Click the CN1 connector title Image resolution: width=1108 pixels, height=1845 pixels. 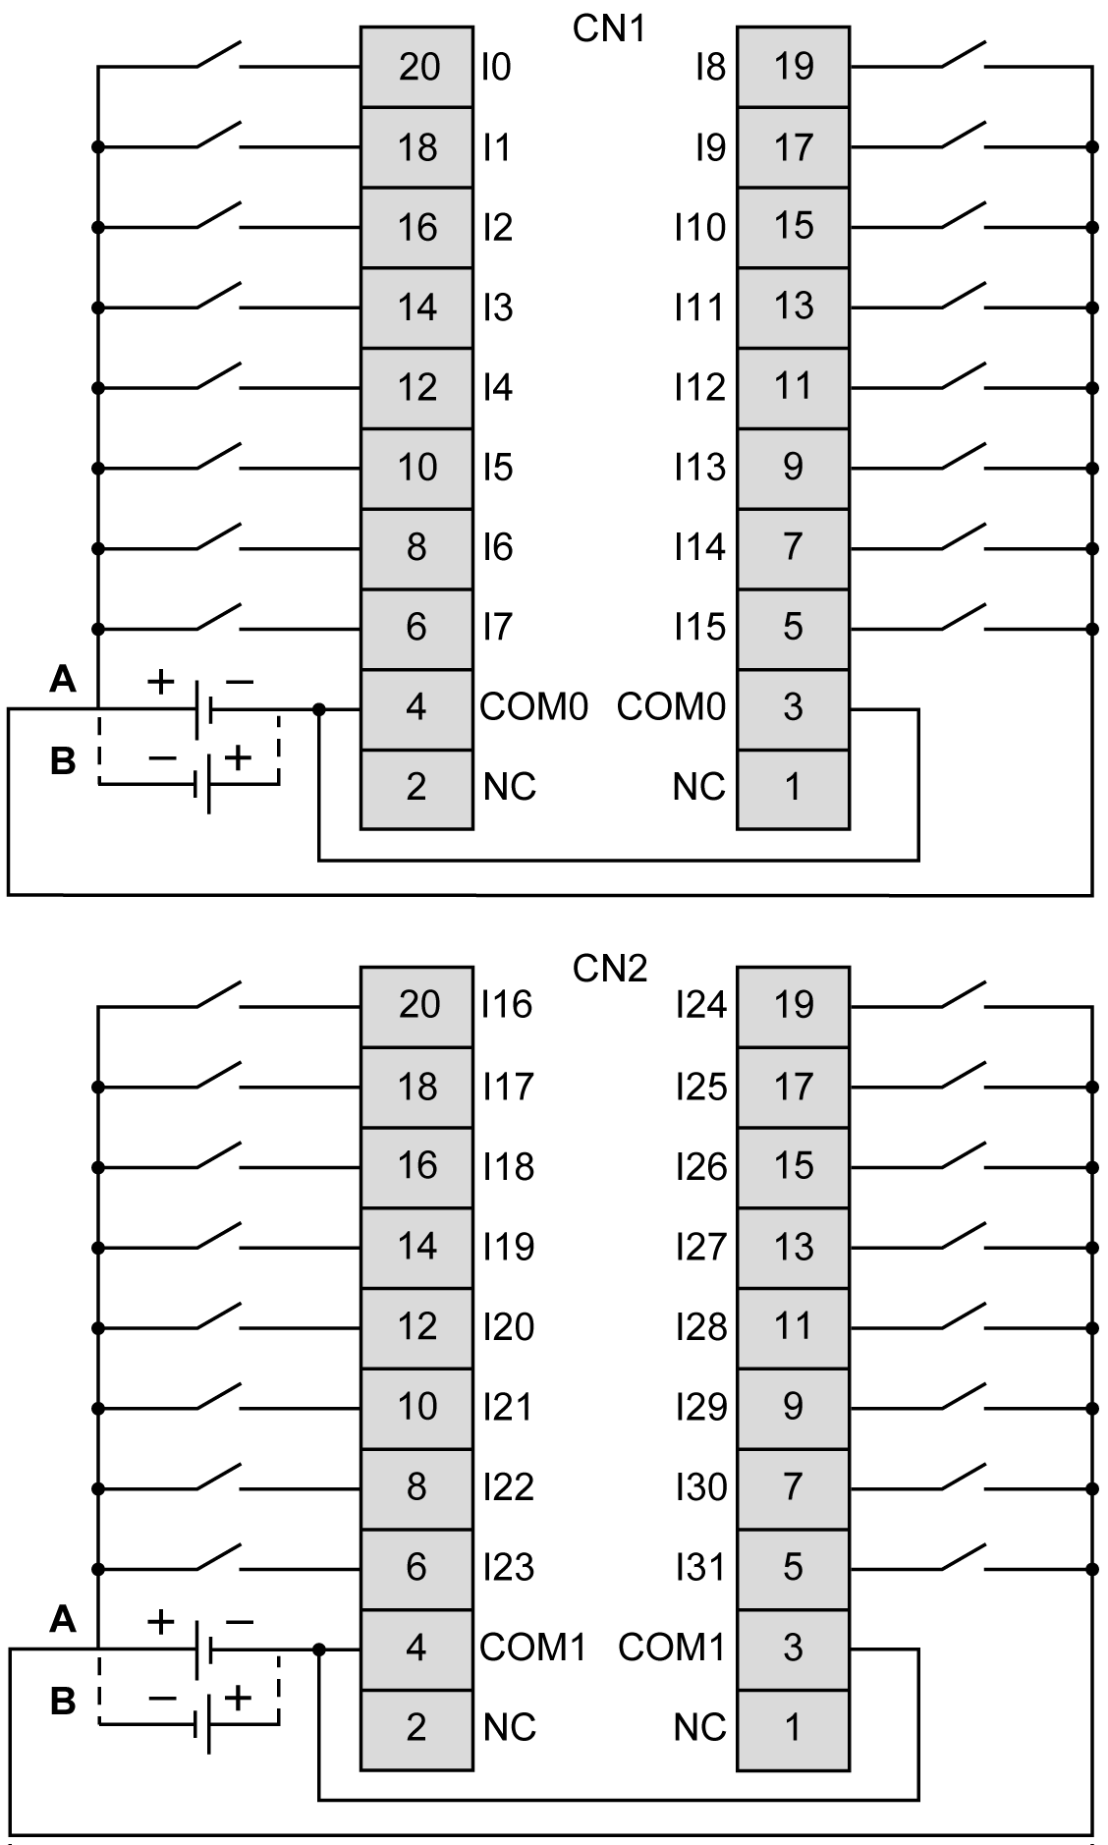(609, 29)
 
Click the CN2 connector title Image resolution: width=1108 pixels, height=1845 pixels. (609, 969)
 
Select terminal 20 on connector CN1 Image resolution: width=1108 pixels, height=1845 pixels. (417, 67)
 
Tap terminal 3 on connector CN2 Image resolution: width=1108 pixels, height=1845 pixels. (793, 1647)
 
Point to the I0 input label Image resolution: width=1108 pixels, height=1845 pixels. (497, 67)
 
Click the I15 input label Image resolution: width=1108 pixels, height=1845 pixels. (699, 627)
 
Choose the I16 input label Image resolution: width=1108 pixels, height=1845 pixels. (507, 1004)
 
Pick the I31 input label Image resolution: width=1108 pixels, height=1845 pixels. (701, 1567)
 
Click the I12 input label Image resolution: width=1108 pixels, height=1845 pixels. (699, 387)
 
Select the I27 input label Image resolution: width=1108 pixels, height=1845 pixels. (701, 1247)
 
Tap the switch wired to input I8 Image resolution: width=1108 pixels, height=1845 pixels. (963, 56)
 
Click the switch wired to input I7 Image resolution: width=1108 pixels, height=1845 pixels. (218, 617)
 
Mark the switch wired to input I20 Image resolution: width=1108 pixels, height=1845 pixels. (218, 1316)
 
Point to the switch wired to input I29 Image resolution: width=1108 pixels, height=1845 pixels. (963, 1396)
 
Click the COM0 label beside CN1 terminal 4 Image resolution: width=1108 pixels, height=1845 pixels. (533, 706)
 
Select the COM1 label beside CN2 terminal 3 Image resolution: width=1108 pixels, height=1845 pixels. (672, 1647)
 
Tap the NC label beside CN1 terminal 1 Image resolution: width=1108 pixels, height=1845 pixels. (698, 787)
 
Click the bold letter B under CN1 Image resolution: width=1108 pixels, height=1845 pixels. (63, 760)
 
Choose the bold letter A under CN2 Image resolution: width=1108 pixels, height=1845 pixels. (63, 1618)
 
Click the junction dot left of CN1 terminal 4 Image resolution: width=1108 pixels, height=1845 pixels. (318, 708)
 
